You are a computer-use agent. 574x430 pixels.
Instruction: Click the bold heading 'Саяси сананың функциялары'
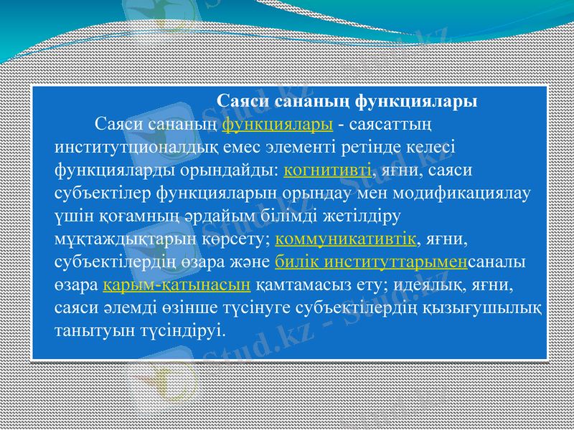[x=347, y=101]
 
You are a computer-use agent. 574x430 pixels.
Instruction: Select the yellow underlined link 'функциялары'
[x=278, y=124]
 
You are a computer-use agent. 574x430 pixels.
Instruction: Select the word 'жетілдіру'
[x=368, y=215]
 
